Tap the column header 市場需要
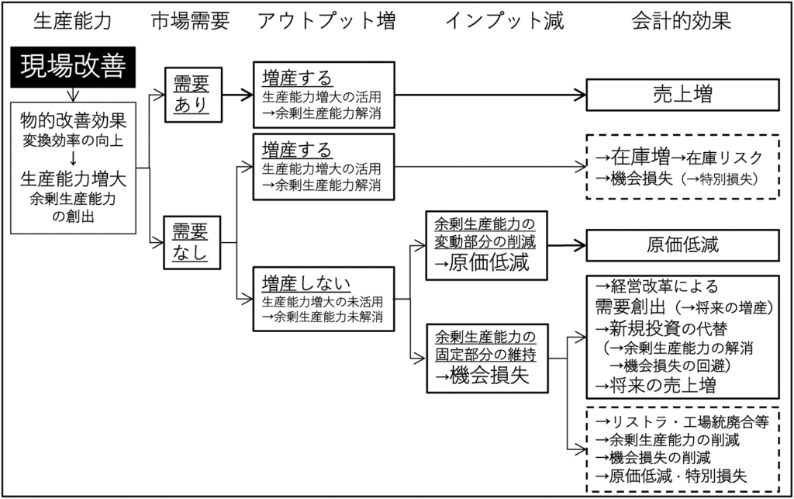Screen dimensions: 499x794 pos(191,21)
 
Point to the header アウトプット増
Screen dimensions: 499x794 pos(326,21)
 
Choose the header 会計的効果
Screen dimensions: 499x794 pos(682,21)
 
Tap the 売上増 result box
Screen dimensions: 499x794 pos(682,95)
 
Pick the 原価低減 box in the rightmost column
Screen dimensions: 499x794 pos(682,245)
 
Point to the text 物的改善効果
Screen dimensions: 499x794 pos(74,122)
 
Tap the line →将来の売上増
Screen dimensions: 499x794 pos(655,385)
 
